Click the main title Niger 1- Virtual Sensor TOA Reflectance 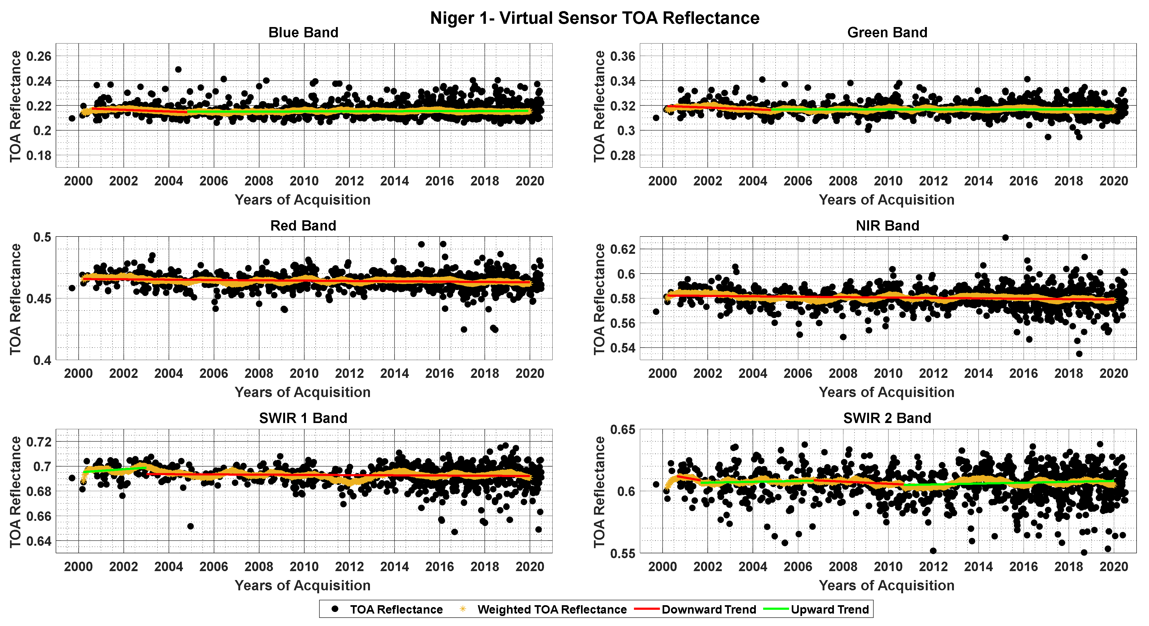[x=594, y=18]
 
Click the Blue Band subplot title [x=303, y=33]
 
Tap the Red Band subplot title [x=303, y=226]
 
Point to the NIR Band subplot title [x=887, y=226]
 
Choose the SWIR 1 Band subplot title [x=303, y=418]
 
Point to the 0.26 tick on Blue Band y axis [x=39, y=56]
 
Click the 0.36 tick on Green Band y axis [x=623, y=56]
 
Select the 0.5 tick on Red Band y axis [x=42, y=237]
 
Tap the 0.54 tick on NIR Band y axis [x=623, y=348]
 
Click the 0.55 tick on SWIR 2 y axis [x=623, y=553]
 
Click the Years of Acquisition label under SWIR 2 [x=886, y=585]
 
